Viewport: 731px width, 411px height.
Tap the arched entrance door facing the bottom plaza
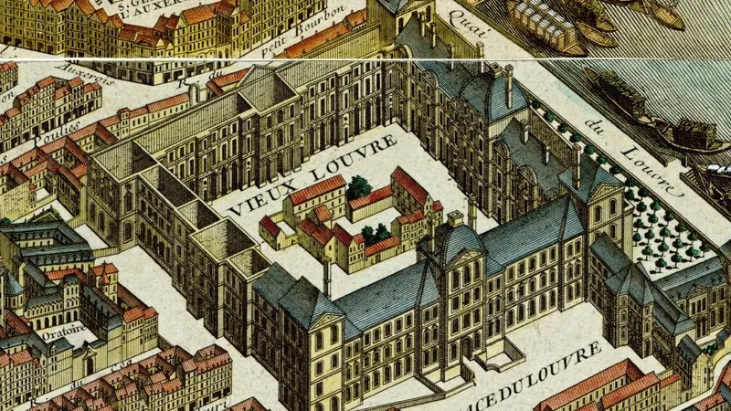(x=466, y=346)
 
